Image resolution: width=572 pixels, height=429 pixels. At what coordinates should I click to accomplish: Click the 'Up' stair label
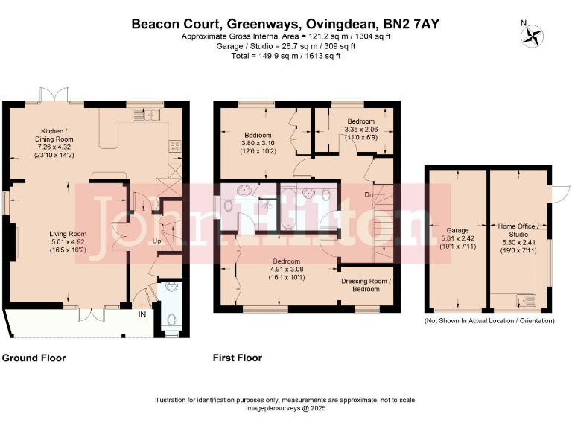click(157, 242)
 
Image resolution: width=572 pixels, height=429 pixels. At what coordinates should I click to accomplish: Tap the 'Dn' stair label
click(368, 194)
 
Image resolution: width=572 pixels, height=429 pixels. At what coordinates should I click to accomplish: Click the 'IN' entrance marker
click(142, 315)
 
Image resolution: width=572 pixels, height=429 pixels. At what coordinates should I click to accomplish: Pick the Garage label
click(456, 231)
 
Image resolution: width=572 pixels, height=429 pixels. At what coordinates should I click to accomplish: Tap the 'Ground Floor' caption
click(34, 358)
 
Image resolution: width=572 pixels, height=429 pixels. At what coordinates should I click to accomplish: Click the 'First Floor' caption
click(238, 358)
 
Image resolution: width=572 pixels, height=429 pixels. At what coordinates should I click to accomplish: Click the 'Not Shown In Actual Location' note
click(489, 320)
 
